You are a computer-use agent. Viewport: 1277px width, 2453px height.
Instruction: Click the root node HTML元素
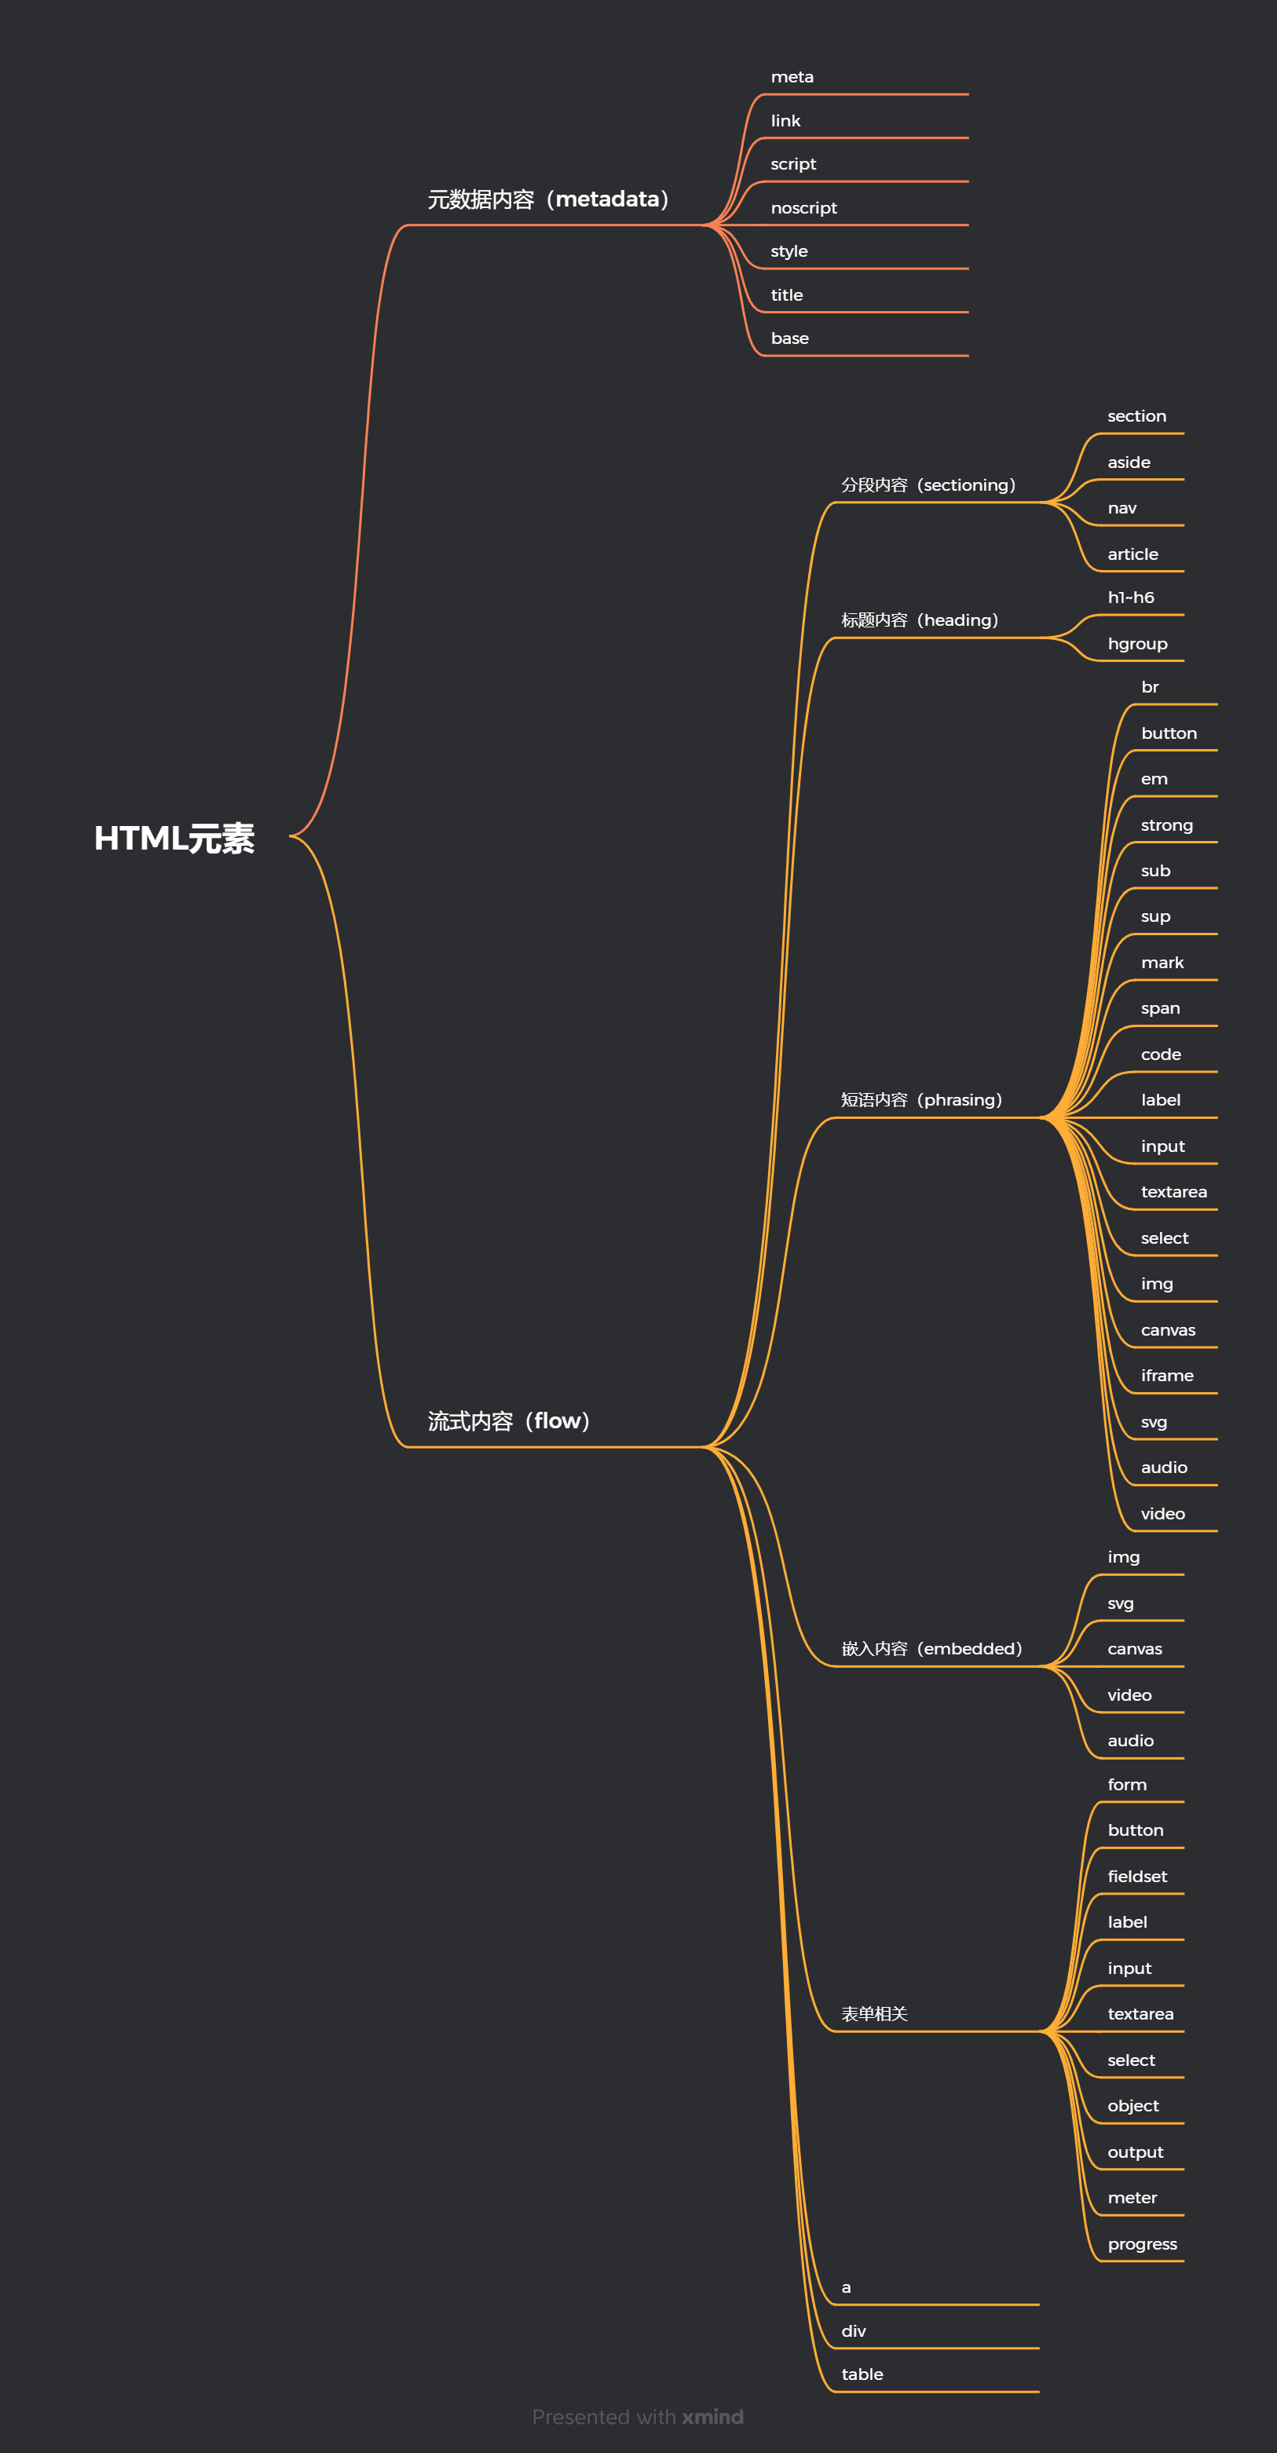click(174, 838)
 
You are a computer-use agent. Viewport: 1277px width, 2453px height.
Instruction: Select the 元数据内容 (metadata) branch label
click(548, 199)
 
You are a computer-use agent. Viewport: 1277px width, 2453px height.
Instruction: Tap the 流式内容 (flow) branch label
click(508, 1420)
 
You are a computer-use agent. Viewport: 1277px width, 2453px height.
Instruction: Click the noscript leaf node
click(803, 207)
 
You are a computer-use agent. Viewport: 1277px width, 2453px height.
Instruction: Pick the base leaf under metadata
click(789, 338)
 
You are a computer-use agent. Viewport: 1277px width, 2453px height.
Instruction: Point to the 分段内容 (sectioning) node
click(928, 484)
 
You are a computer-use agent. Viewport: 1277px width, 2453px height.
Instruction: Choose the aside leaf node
click(1129, 462)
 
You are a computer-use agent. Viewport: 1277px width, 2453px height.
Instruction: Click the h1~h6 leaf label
click(1130, 597)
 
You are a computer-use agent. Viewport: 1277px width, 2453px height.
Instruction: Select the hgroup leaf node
click(1137, 644)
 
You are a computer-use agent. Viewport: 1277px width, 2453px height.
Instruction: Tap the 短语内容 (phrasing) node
click(921, 1100)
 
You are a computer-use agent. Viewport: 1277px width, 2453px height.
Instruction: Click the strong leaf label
click(1166, 824)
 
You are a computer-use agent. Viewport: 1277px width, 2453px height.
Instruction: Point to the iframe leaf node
click(1166, 1375)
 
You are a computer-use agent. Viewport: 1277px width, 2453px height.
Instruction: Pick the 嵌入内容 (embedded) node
click(931, 1648)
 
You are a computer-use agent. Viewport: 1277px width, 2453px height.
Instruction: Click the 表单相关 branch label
click(874, 2014)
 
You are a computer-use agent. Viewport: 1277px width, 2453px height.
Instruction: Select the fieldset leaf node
click(1137, 1876)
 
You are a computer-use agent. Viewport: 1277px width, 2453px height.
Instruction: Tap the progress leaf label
click(1142, 2243)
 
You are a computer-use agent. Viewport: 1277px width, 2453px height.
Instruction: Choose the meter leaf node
click(1132, 2198)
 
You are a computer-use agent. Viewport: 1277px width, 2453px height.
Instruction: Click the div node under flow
click(853, 2331)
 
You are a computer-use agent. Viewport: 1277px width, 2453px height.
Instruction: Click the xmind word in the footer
click(712, 2417)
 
